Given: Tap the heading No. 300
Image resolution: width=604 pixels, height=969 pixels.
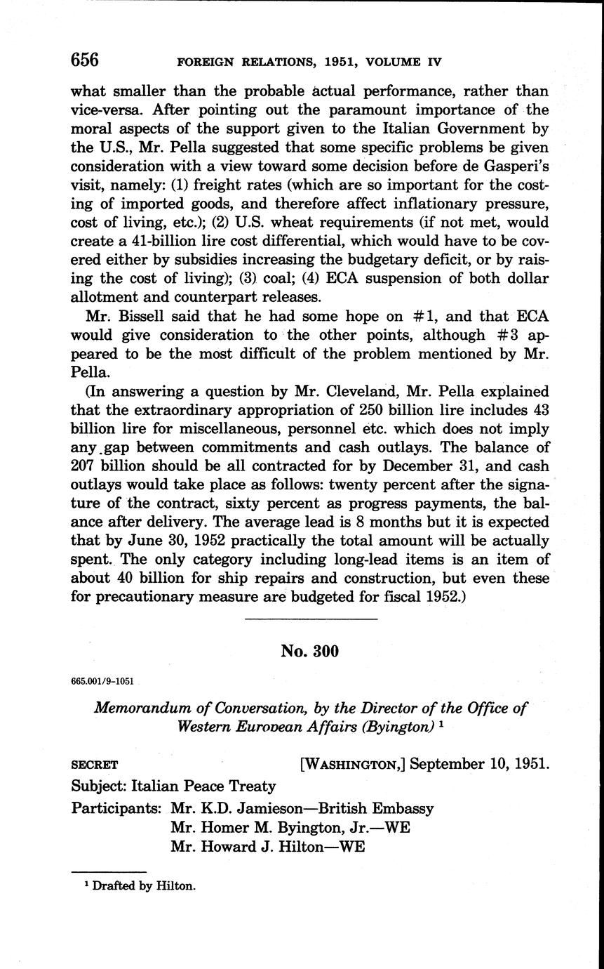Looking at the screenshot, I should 309,651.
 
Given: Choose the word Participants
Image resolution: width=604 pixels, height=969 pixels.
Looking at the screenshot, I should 116,808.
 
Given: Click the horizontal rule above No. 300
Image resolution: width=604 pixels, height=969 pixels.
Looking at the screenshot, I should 311,619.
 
